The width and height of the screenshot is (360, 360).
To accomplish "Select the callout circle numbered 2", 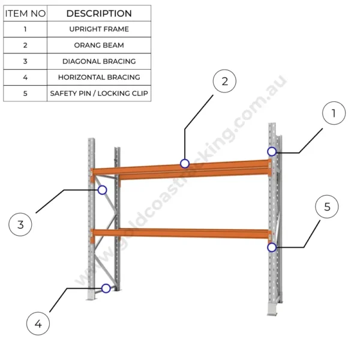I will (x=224, y=82).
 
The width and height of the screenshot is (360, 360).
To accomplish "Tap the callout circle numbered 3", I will (x=20, y=225).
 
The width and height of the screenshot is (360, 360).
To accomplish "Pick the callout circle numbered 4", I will (x=38, y=324).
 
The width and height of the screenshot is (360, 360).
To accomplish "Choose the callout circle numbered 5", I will (x=327, y=207).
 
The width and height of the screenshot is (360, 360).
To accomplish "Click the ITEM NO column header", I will (x=25, y=13).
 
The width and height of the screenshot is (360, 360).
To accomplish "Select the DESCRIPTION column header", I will (x=99, y=13).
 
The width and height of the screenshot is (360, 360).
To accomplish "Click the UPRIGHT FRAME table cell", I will (x=99, y=29).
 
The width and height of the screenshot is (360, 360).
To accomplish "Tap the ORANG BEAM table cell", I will (x=99, y=45).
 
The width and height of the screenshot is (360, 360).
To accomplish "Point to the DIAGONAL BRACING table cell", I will (x=99, y=61).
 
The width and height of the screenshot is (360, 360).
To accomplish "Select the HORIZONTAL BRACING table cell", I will (x=99, y=77).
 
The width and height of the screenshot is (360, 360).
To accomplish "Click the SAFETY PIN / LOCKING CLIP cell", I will (x=99, y=94).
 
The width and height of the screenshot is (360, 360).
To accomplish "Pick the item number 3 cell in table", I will (x=25, y=61).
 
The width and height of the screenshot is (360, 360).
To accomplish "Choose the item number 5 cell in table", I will (x=25, y=94).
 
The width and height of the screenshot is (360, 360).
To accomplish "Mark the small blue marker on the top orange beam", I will (x=185, y=163).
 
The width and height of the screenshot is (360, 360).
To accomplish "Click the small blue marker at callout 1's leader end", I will (x=272, y=152).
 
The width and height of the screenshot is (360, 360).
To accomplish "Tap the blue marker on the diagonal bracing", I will (x=103, y=190).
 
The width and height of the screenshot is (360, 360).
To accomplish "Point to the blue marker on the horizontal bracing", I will (x=106, y=288).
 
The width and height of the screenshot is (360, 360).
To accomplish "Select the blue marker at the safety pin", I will (x=272, y=247).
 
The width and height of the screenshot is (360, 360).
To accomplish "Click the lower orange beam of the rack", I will (x=180, y=233).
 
